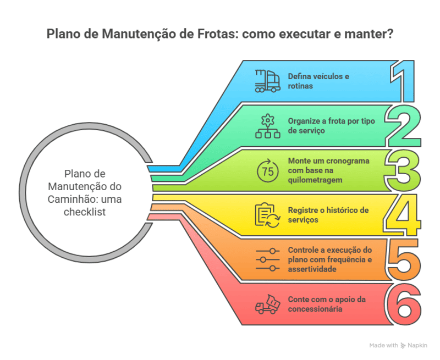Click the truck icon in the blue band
point(267,80)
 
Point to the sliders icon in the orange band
point(267,259)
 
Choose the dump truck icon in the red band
point(267,304)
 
